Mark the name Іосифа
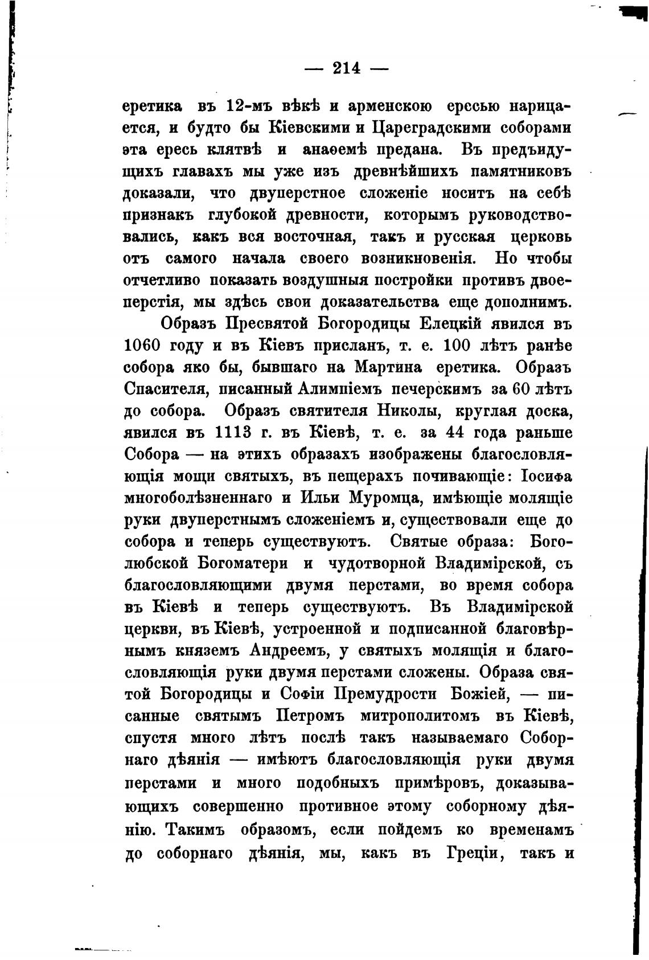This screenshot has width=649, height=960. click(x=540, y=475)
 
